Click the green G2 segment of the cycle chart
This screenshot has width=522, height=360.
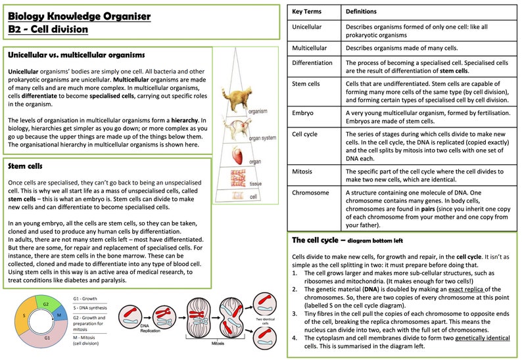[x=45, y=305]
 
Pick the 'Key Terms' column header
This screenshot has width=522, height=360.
[x=307, y=12]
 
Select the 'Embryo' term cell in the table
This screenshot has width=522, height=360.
[x=303, y=113]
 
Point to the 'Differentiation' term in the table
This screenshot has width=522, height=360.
[x=312, y=63]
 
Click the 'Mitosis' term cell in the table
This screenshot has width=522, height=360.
[x=304, y=172]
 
